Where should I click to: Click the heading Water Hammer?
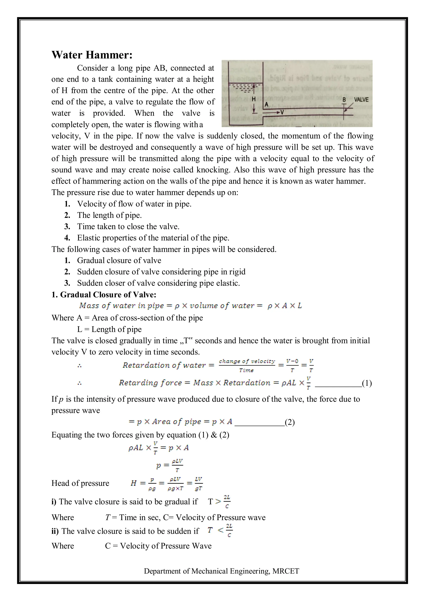tap(92, 55)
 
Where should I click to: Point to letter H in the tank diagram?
tap(253, 99)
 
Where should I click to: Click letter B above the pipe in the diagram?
tap(344, 100)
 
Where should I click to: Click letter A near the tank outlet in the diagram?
tap(266, 104)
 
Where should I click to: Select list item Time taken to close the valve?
tap(128, 226)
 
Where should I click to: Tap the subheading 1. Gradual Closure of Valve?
tap(104, 294)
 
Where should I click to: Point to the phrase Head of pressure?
tap(80, 483)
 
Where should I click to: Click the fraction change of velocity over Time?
tap(247, 365)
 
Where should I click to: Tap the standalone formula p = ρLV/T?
tap(170, 465)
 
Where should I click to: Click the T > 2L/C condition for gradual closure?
tap(219, 502)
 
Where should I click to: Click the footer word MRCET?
tap(286, 571)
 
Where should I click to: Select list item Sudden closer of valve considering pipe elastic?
tap(158, 283)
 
